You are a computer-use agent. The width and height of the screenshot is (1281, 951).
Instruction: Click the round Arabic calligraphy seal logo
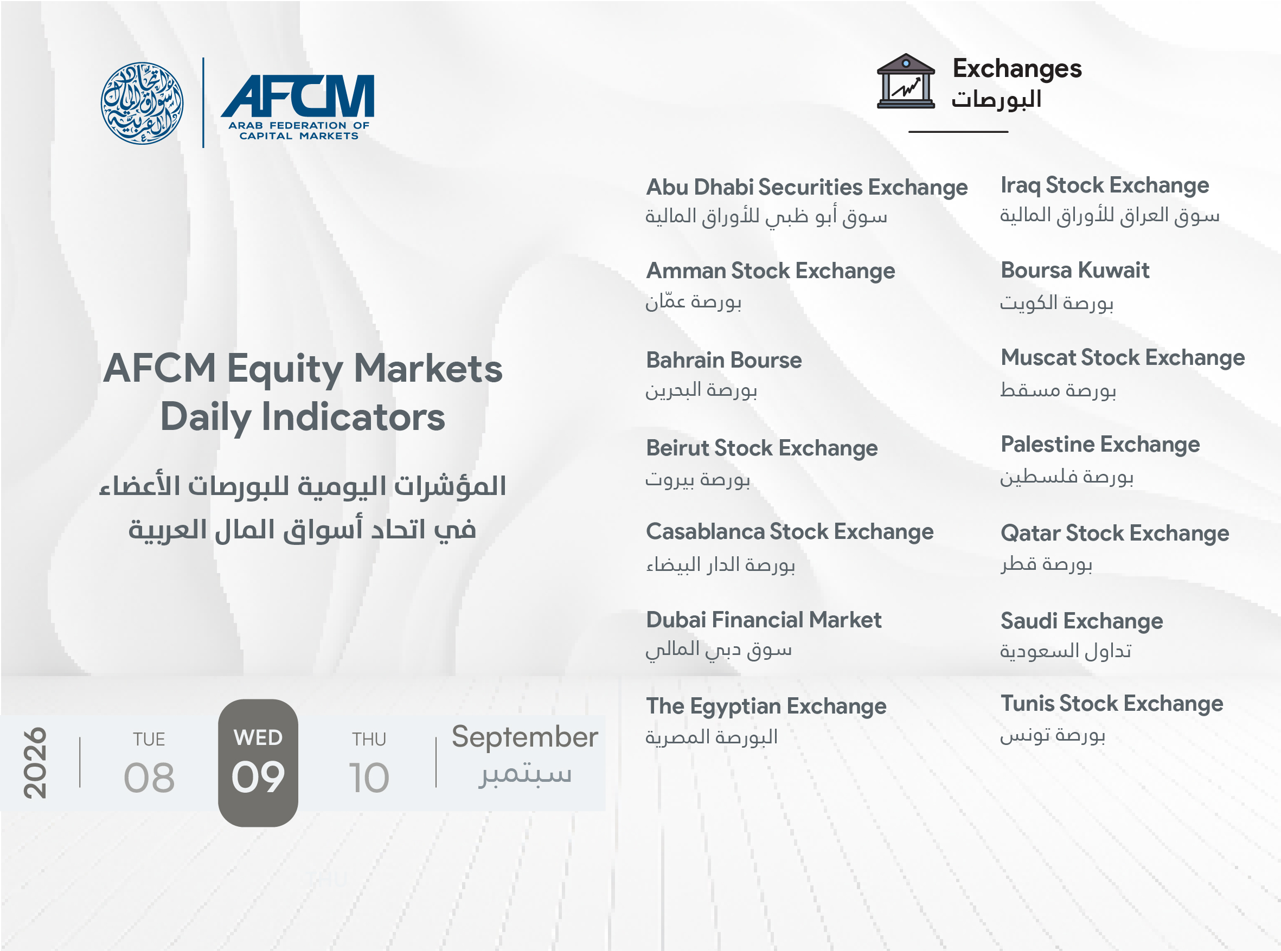pyautogui.click(x=142, y=103)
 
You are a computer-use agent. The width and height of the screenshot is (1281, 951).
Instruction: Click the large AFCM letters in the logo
pyautogui.click(x=298, y=95)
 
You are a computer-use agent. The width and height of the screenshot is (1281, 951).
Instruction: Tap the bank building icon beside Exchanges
pyautogui.click(x=905, y=81)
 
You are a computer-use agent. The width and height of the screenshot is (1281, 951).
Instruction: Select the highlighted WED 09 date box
pyautogui.click(x=258, y=763)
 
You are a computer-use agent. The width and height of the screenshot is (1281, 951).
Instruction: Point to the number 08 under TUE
pyautogui.click(x=149, y=777)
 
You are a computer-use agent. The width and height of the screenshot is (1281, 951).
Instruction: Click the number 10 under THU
pyautogui.click(x=369, y=777)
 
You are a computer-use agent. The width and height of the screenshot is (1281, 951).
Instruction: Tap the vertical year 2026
pyautogui.click(x=35, y=762)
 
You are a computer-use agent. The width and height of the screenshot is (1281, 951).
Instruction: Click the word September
pyautogui.click(x=524, y=737)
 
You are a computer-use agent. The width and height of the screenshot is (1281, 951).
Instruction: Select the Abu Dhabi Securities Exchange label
pyautogui.click(x=806, y=188)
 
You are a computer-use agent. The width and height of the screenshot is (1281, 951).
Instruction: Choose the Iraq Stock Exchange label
pyautogui.click(x=1104, y=185)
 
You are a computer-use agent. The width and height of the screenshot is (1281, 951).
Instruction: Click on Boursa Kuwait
pyautogui.click(x=1075, y=270)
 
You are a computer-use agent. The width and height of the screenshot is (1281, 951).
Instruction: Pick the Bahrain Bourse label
pyautogui.click(x=723, y=361)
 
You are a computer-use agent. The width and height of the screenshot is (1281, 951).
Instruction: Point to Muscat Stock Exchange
pyautogui.click(x=1123, y=357)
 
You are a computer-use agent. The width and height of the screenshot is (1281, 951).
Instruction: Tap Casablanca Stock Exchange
pyautogui.click(x=789, y=532)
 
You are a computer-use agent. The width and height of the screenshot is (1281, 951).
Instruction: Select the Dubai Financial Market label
pyautogui.click(x=764, y=620)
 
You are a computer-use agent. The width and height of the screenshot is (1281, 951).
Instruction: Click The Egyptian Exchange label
pyautogui.click(x=766, y=707)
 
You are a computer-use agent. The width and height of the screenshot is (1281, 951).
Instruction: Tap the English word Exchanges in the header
pyautogui.click(x=1017, y=68)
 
